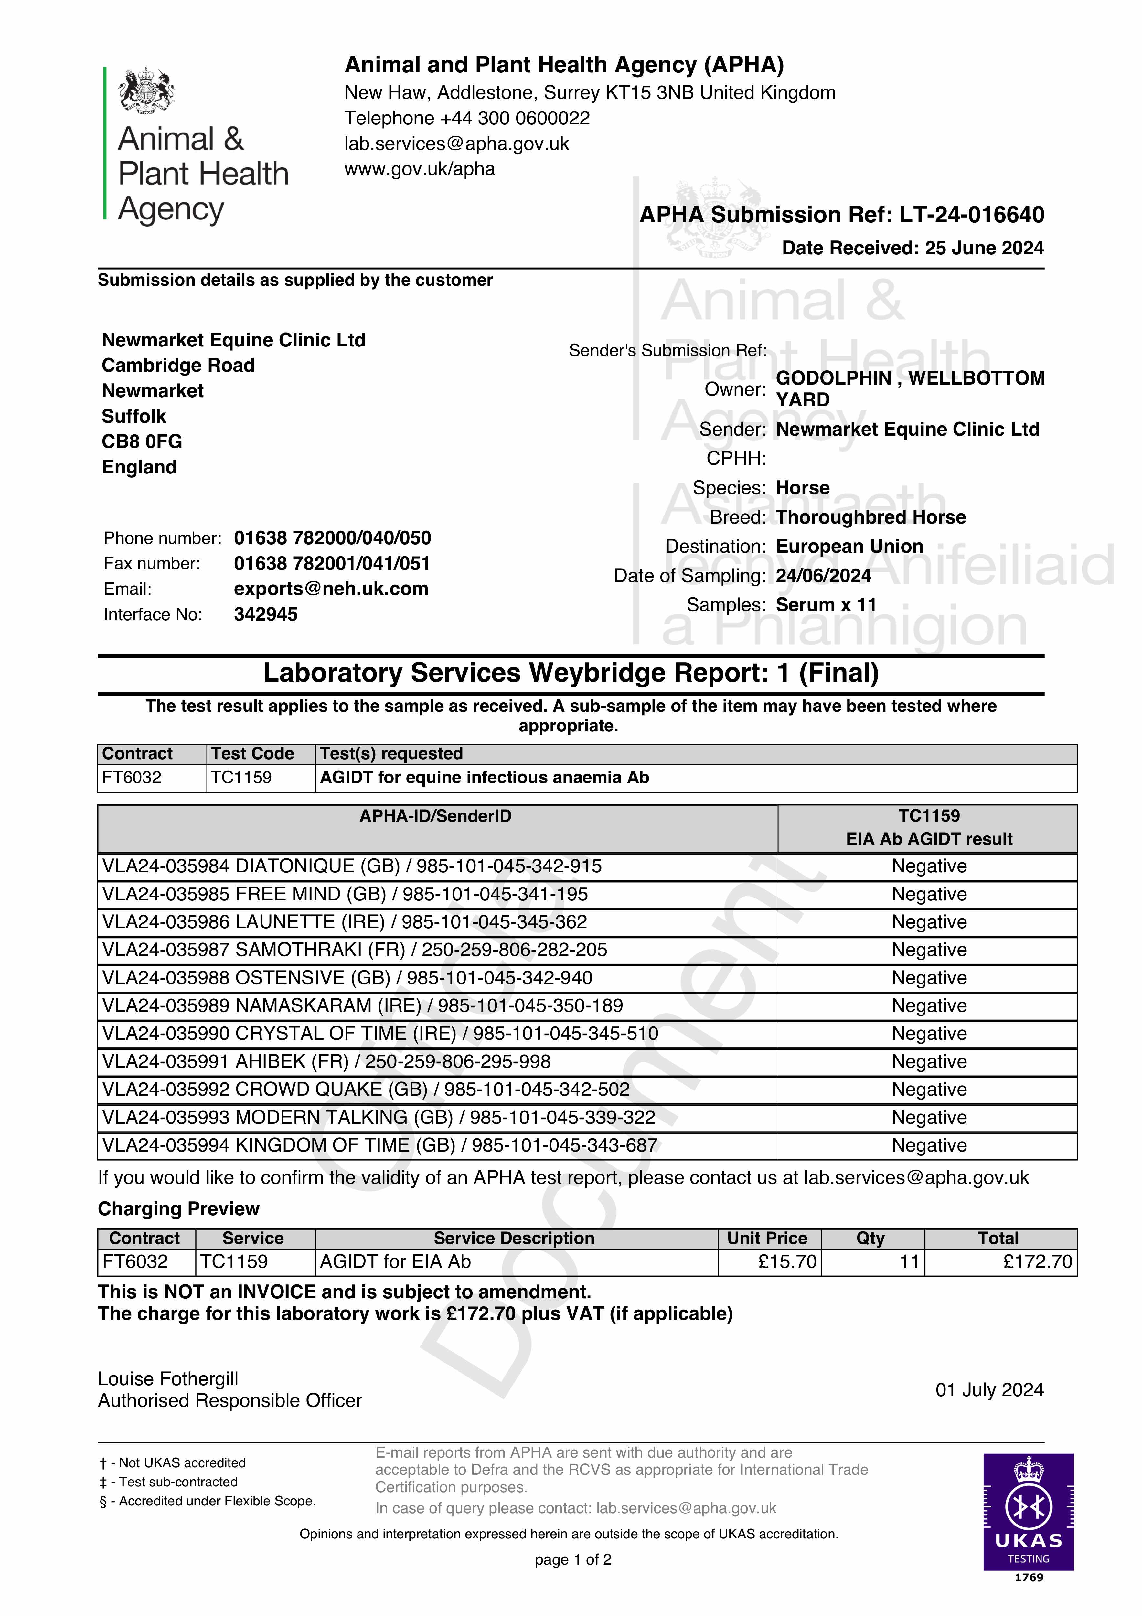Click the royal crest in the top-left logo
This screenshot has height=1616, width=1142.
tap(146, 91)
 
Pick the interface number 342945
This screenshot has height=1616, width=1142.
tap(265, 614)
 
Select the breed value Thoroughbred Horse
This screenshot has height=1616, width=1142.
tap(870, 517)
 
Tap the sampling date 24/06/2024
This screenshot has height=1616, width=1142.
tap(823, 576)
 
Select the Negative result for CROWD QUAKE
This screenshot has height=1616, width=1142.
tap(929, 1090)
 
